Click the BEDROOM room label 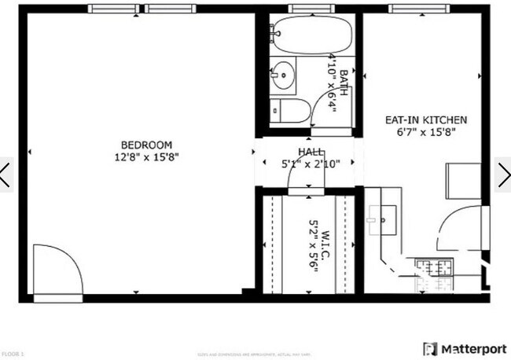point(146,145)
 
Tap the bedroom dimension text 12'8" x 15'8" point(146,156)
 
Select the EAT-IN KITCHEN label point(425,120)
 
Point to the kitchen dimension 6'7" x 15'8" point(425,132)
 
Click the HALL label point(309,152)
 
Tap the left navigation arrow point(6,174)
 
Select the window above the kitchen point(412,9)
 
